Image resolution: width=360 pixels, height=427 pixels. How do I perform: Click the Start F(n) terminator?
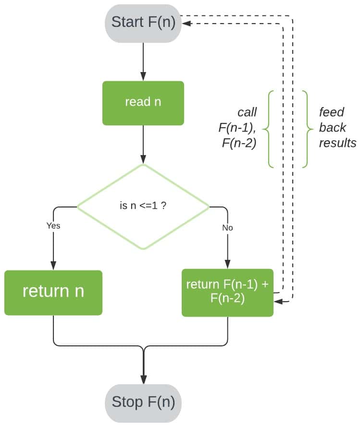[143, 22]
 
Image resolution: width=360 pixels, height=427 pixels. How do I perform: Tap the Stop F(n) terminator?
[143, 402]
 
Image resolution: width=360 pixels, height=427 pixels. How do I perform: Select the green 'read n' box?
[143, 103]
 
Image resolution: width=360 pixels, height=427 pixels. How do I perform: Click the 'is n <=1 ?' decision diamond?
[143, 207]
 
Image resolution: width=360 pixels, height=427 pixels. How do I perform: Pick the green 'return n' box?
[53, 292]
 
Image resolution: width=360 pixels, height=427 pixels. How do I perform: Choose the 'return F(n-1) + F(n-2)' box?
[227, 292]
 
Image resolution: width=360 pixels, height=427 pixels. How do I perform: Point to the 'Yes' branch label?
[53, 225]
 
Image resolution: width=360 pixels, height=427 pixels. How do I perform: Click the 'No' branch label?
[227, 228]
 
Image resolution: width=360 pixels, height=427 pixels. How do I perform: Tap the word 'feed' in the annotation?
[332, 112]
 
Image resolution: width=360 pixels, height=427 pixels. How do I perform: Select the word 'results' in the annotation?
[337, 143]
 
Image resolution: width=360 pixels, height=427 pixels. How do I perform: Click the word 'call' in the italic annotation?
[247, 112]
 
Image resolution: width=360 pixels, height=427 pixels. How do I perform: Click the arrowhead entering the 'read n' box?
[143, 77]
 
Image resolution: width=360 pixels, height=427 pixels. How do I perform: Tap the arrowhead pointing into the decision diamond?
[143, 160]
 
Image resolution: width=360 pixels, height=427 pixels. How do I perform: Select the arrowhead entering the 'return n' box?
[53, 266]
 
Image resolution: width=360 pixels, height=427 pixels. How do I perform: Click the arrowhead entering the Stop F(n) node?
[143, 379]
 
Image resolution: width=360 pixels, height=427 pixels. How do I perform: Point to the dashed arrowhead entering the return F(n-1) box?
[277, 302]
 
